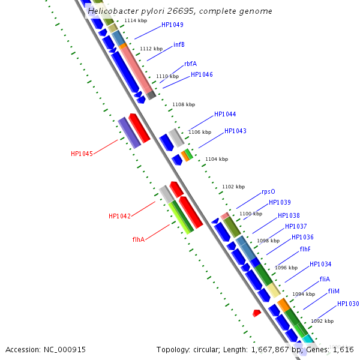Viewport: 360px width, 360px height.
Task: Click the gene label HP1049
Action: click(x=172, y=25)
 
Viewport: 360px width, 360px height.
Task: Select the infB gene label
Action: click(x=179, y=44)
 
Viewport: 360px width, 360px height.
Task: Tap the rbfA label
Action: click(x=190, y=64)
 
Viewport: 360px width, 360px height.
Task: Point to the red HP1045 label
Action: click(x=82, y=154)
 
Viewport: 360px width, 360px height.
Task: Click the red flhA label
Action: click(x=139, y=239)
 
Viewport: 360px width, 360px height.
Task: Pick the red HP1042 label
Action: click(x=119, y=216)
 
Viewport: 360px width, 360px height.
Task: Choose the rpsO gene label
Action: click(x=268, y=192)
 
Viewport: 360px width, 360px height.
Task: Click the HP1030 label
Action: click(x=348, y=304)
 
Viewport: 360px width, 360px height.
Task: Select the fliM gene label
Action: click(x=334, y=291)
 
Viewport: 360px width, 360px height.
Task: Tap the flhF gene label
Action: click(x=305, y=249)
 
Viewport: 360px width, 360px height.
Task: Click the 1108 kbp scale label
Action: click(x=184, y=104)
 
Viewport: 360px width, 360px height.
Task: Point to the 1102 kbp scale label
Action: click(x=233, y=187)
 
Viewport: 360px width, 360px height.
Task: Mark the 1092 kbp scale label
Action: click(x=322, y=321)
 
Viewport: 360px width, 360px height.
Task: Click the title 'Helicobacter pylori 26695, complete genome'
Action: click(x=180, y=11)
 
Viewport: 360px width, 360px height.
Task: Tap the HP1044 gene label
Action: click(x=225, y=114)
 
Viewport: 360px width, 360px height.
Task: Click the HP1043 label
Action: click(x=235, y=131)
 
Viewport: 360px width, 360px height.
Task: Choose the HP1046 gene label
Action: click(x=202, y=74)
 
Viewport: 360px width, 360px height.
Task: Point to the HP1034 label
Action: click(x=320, y=264)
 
